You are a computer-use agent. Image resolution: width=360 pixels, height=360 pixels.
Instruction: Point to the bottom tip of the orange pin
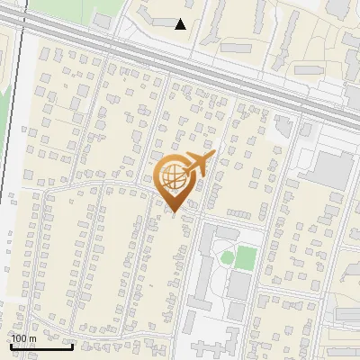[174, 213]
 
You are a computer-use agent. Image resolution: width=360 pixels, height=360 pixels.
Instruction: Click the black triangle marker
[181, 24]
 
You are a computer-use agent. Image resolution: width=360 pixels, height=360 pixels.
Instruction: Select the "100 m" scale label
[24, 338]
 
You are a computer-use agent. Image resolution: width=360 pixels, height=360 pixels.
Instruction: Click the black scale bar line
[41, 346]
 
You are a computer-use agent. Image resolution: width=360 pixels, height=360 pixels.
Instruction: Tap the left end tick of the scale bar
[11, 345]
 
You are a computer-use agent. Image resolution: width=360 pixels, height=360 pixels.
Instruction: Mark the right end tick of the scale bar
[73, 345]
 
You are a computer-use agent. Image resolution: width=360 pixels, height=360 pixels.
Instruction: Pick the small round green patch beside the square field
[228, 258]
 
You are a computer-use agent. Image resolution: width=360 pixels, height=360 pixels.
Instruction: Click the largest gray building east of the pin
[333, 169]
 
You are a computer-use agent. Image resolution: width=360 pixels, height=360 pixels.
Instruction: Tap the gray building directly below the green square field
[239, 285]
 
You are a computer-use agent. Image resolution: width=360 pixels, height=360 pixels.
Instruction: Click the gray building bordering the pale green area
[102, 19]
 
